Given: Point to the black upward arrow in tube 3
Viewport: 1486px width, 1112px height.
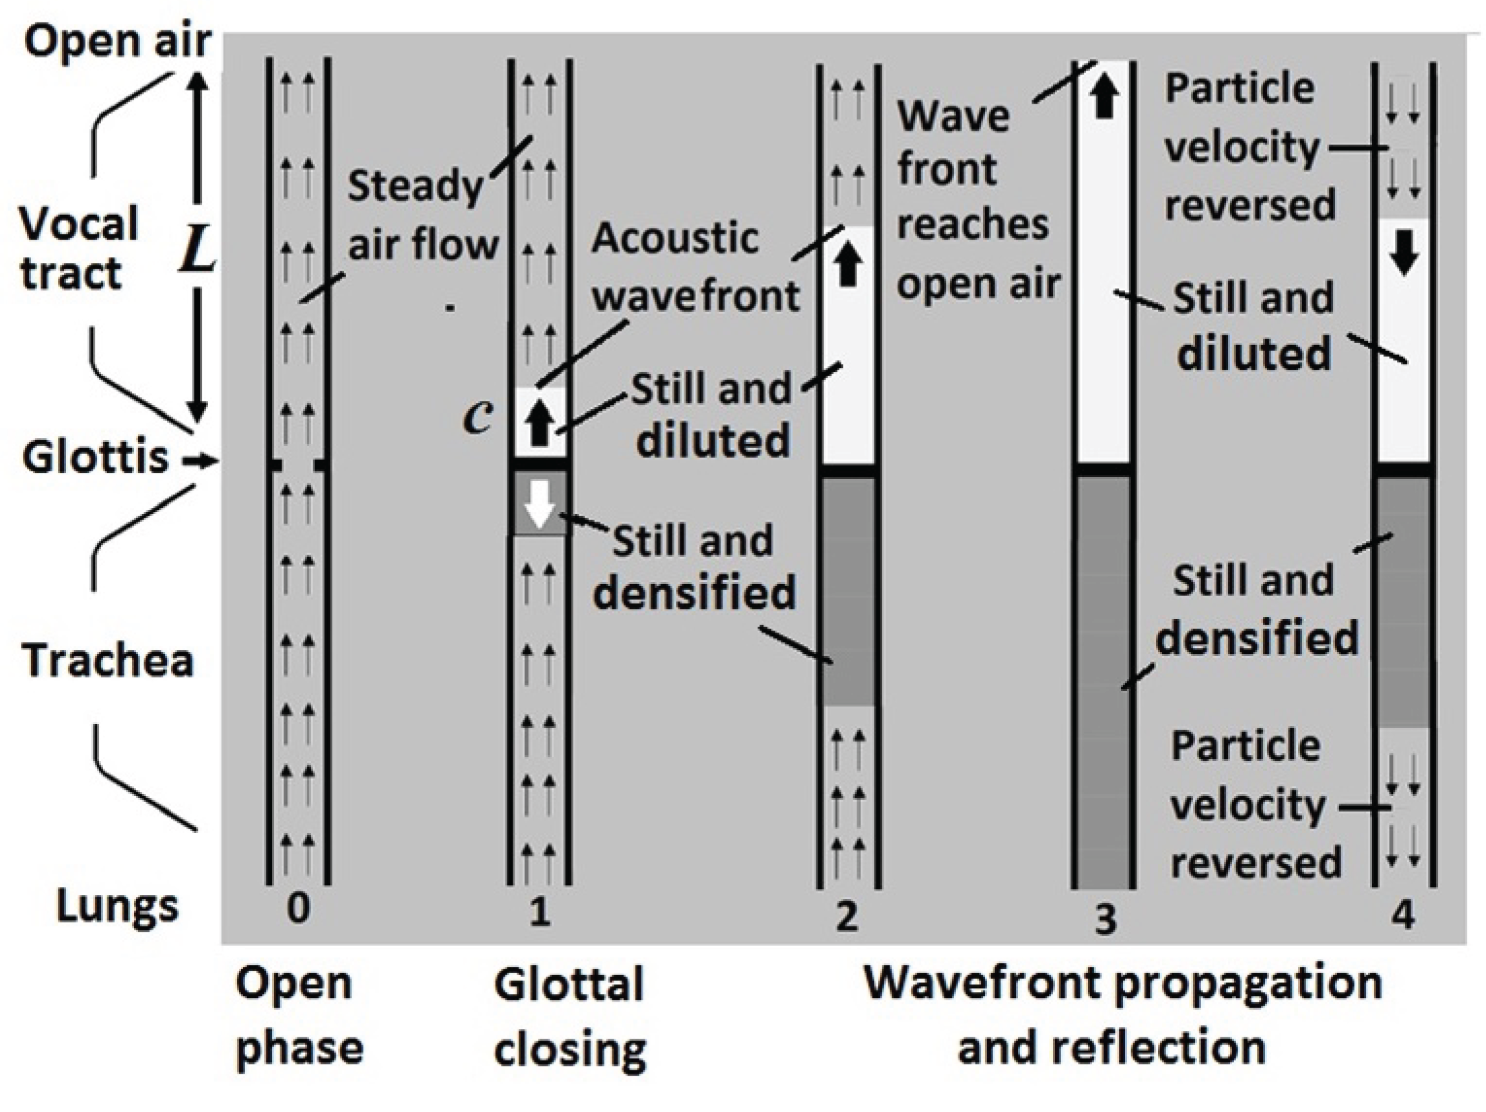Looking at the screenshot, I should click(x=1105, y=98).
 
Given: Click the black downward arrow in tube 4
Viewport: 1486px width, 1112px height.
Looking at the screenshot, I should click(x=1404, y=253).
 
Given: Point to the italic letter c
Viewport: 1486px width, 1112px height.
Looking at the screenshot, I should click(x=478, y=417).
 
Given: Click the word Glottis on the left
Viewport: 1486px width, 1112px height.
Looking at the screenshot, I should click(x=95, y=458).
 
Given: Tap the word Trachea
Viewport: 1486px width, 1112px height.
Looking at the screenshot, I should click(x=108, y=661).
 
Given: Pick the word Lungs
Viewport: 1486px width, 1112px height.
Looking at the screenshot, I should click(x=117, y=905).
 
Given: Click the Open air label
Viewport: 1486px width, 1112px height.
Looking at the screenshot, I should click(x=117, y=42).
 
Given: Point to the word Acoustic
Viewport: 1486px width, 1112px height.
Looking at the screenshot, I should click(x=674, y=238).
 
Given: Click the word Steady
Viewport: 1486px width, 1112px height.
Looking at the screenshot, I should click(x=415, y=186).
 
